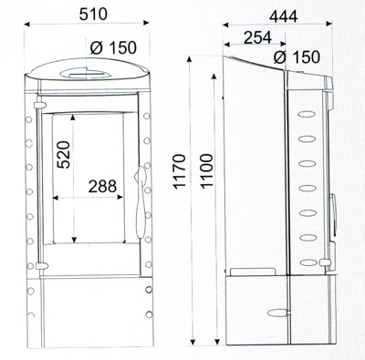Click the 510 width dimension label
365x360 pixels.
pyautogui.click(x=93, y=14)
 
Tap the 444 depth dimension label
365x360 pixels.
pyautogui.click(x=284, y=16)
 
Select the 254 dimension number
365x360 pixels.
pyautogui.click(x=257, y=37)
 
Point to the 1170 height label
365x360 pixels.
pyautogui.click(x=180, y=171)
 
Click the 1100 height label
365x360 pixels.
pyautogui.click(x=207, y=171)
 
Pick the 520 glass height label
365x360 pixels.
pyautogui.click(x=64, y=154)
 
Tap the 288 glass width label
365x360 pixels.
pyautogui.click(x=102, y=186)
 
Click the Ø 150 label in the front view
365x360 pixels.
pyautogui.click(x=113, y=47)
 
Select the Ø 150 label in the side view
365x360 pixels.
pyautogui.click(x=297, y=57)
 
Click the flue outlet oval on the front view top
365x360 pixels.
pyautogui.click(x=86, y=74)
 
